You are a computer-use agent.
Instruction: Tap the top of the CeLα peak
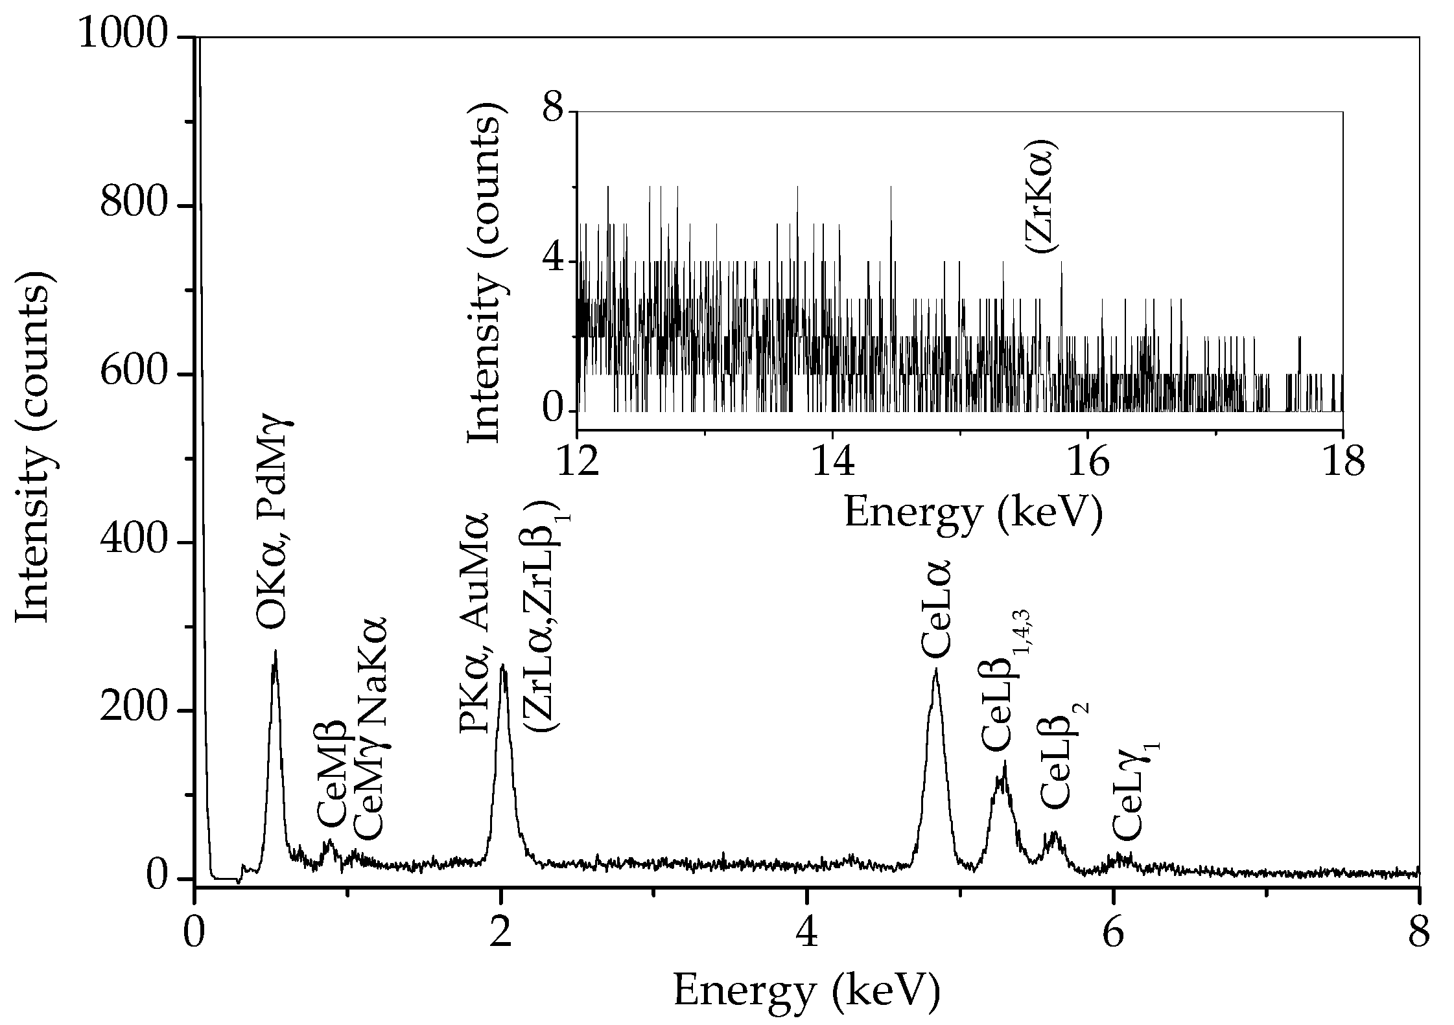click(x=935, y=671)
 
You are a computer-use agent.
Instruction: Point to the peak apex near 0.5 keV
click(x=276, y=651)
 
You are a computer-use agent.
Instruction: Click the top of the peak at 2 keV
click(x=502, y=665)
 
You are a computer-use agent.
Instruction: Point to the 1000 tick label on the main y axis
click(x=123, y=37)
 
